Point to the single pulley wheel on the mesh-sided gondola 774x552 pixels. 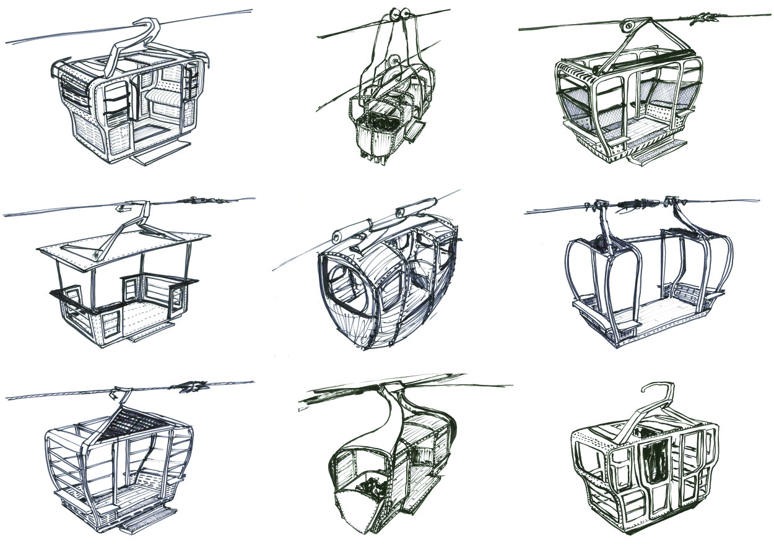pyautogui.click(x=627, y=27)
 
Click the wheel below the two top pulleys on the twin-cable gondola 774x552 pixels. pyautogui.click(x=393, y=61)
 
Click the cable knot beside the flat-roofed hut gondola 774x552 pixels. pyautogui.click(x=197, y=201)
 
